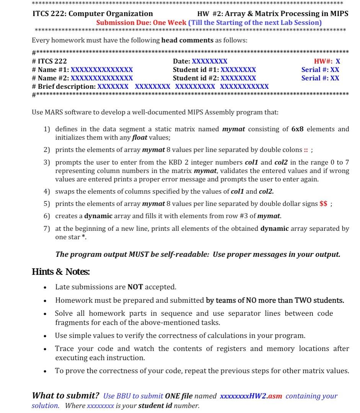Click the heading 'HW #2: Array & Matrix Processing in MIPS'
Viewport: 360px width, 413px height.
tap(272, 14)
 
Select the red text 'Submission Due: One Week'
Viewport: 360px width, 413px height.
tap(141, 23)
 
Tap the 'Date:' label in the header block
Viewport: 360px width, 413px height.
tap(182, 61)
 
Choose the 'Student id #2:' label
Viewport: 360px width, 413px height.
tap(196, 78)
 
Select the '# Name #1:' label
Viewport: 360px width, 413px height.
tap(51, 70)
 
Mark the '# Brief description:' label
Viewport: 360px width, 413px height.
tap(64, 87)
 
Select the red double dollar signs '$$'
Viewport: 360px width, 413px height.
tap(323, 204)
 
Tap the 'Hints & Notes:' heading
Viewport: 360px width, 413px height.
tap(61, 272)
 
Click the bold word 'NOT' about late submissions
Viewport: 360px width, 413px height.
tap(135, 287)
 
